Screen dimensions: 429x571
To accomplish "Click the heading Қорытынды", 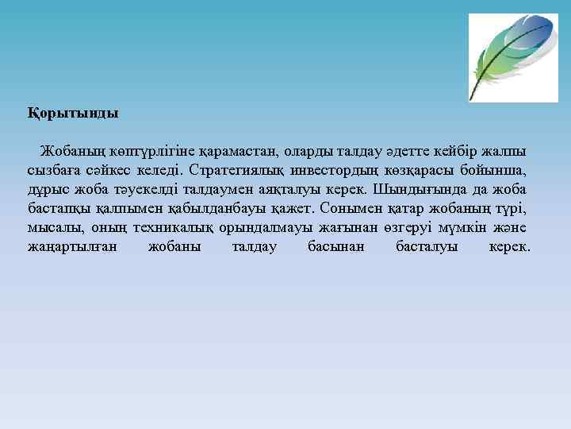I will point(72,113).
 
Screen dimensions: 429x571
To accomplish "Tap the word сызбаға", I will point(54,170).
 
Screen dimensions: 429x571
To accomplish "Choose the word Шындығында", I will point(434,189).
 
